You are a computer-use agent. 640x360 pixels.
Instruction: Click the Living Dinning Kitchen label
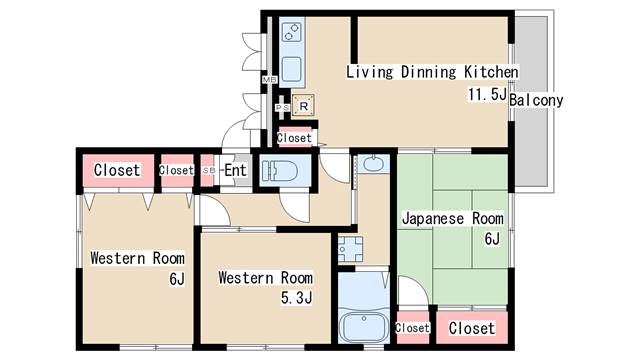pos(432,72)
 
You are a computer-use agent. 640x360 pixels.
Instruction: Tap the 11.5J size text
pos(487,94)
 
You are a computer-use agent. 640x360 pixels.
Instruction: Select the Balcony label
pos(536,100)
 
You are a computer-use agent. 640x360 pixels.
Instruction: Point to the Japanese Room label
pos(453,218)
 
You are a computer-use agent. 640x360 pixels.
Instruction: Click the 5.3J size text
pos(296,298)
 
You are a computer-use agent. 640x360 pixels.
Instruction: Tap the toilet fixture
pos(280,170)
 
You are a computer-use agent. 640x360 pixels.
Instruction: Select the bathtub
pos(364,327)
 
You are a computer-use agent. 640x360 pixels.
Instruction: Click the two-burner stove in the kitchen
pos(292,32)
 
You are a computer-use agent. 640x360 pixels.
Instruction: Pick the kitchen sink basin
pos(291,69)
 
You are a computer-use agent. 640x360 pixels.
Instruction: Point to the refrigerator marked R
pos(303,106)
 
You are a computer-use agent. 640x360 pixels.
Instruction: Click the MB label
pos(269,80)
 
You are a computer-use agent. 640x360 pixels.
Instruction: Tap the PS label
pos(282,107)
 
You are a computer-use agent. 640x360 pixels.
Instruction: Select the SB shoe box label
pos(209,170)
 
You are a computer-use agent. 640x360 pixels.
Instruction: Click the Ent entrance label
pos(235,170)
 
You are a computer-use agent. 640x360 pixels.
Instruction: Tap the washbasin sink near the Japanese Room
pos(373,164)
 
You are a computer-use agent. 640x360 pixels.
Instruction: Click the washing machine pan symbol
pos(350,249)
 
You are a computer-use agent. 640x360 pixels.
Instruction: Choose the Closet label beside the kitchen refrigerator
pos(294,138)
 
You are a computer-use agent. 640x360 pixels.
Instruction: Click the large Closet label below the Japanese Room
pos(472,328)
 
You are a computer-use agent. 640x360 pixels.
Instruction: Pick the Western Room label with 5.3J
pos(266,278)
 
